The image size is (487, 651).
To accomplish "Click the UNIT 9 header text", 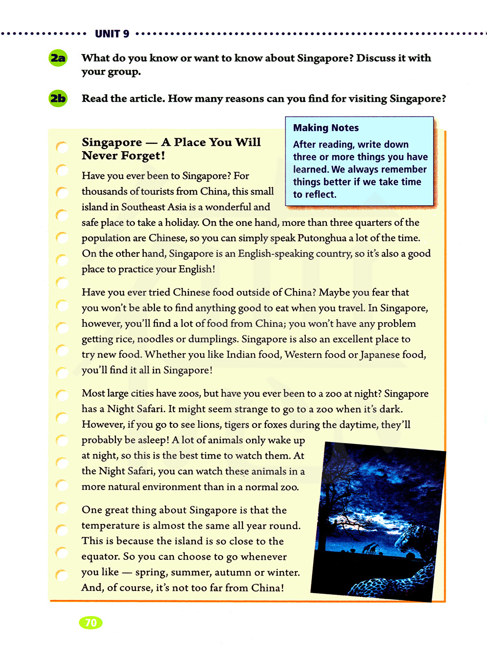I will pyautogui.click(x=112, y=34).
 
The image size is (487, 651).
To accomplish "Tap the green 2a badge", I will pyautogui.click(x=58, y=58).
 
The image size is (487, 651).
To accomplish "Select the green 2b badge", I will pyautogui.click(x=58, y=99).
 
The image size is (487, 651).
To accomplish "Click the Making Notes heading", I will pyautogui.click(x=326, y=128).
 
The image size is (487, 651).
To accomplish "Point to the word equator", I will pyautogui.click(x=101, y=557).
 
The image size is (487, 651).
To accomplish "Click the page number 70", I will pyautogui.click(x=91, y=623).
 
